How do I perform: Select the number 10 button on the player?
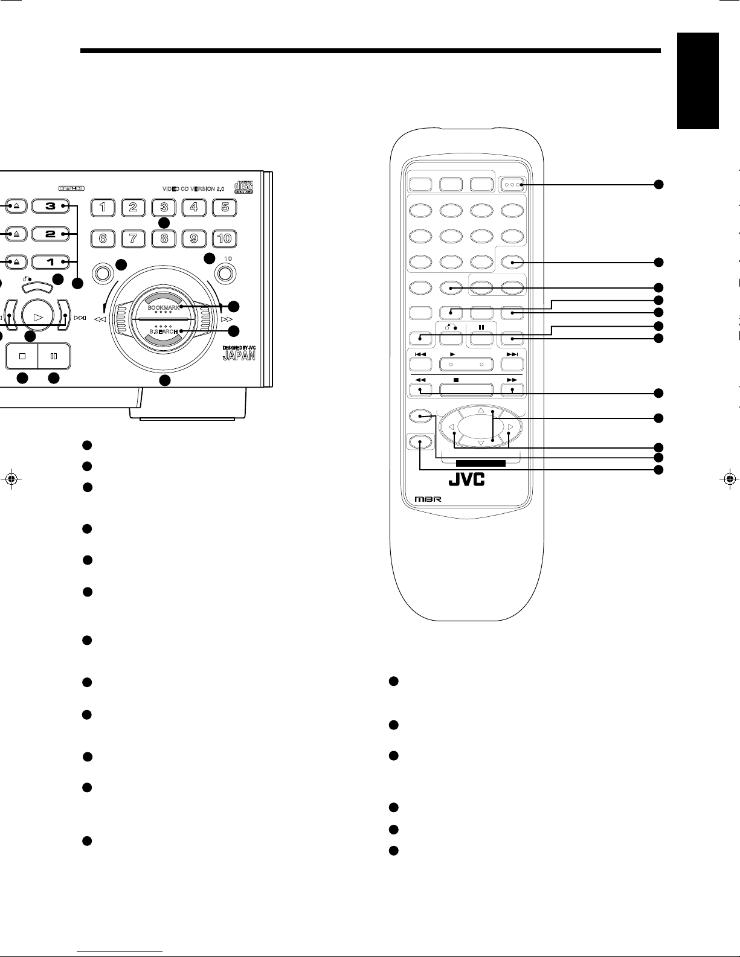tap(224, 238)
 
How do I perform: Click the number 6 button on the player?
tap(103, 238)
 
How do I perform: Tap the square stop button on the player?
tap(22, 356)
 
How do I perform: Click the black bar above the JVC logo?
tap(481, 463)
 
